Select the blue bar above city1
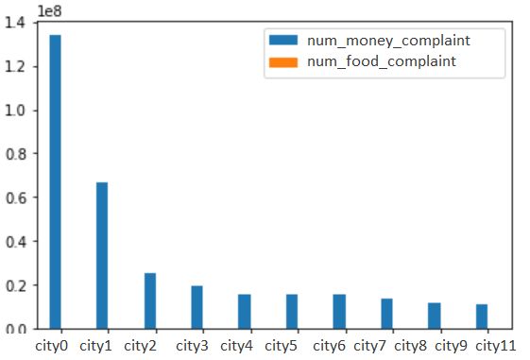(102, 255)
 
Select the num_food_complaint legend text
(382, 60)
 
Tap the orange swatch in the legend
(283, 61)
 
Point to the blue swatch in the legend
(283, 41)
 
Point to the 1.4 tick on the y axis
(21, 24)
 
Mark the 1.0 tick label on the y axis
(21, 111)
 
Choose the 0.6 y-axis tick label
(21, 197)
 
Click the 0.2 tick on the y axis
(21, 285)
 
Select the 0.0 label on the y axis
(21, 329)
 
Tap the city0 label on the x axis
(53, 346)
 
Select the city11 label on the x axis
(496, 346)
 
